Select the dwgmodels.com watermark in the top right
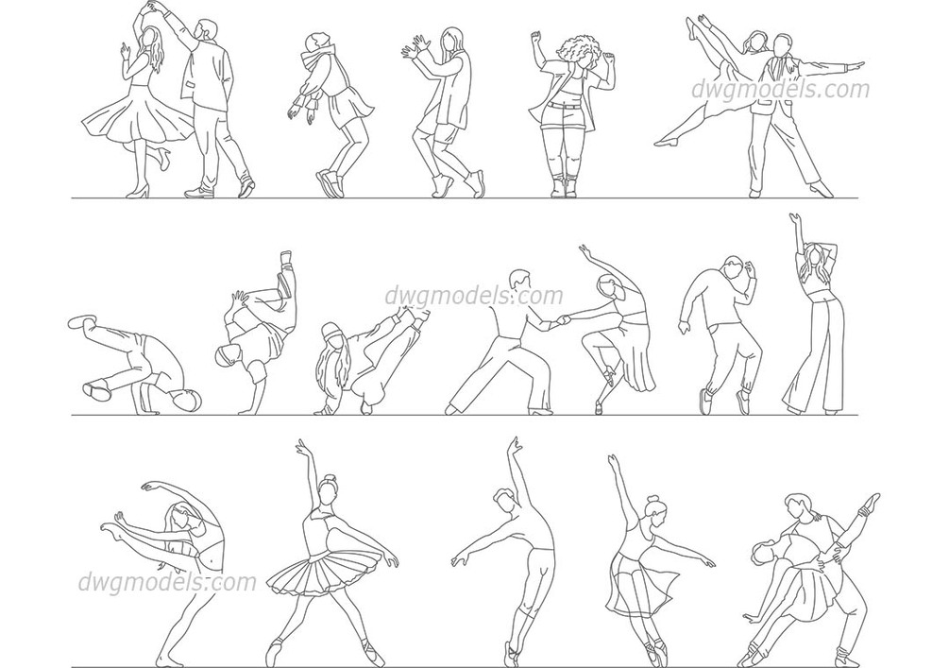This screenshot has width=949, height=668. (x=781, y=89)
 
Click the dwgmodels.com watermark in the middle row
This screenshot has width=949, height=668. (x=474, y=296)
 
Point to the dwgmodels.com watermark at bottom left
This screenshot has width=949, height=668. (x=167, y=582)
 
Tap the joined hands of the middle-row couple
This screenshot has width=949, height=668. (x=563, y=319)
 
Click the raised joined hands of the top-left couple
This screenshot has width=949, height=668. (x=149, y=8)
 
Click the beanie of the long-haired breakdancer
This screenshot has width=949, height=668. (x=331, y=330)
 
